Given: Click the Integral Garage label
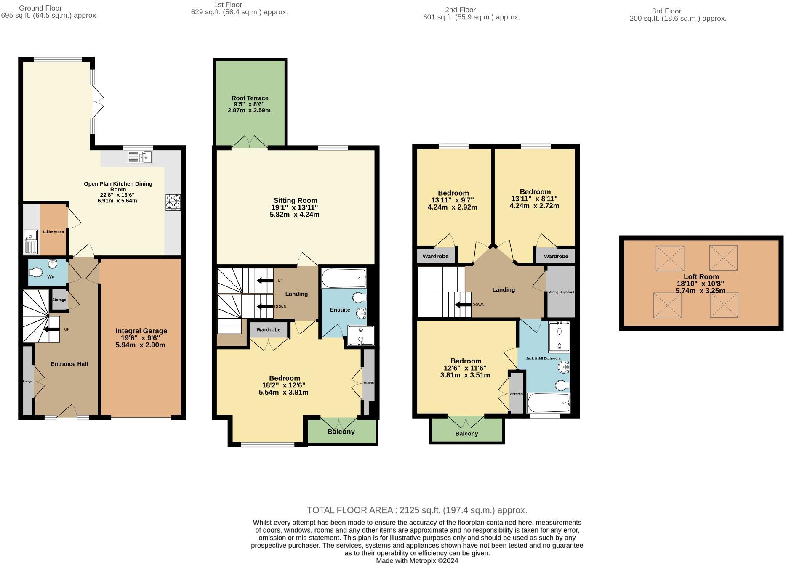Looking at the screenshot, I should (141, 331).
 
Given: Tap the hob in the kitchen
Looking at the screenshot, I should (173, 202).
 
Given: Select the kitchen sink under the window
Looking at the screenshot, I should (140, 157).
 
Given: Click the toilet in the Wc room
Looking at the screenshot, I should (36, 273).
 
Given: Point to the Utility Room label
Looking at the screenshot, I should (53, 232).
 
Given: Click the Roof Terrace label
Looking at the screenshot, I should (250, 98).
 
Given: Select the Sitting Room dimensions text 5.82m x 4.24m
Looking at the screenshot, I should (294, 215).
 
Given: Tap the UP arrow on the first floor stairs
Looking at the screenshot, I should (265, 281).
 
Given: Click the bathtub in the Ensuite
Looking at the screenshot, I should (344, 278).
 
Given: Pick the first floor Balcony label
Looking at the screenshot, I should (341, 432).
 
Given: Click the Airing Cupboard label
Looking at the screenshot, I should (561, 292).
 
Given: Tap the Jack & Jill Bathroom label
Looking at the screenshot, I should (543, 358).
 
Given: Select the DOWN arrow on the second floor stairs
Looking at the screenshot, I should (463, 305).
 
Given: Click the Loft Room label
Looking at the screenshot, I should (701, 276).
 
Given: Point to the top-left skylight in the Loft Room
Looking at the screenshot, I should (669, 258).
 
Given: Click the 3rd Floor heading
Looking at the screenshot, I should (666, 11).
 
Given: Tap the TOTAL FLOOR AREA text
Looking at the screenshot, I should (417, 510).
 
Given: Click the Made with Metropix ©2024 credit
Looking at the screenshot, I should (417, 561).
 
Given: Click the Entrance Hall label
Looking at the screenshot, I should (69, 364).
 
